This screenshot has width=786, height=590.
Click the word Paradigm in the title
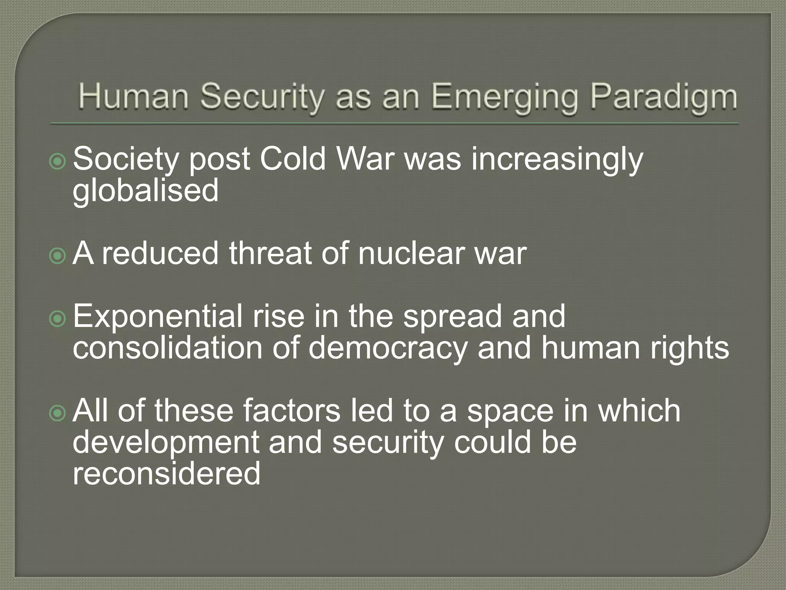664,97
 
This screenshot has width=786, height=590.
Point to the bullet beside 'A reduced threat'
58,256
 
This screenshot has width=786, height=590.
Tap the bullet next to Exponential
58,319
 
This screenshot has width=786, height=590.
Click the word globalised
145,191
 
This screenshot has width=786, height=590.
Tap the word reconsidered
167,474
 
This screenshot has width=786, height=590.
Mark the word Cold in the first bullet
292,159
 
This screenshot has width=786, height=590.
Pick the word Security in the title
261,97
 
